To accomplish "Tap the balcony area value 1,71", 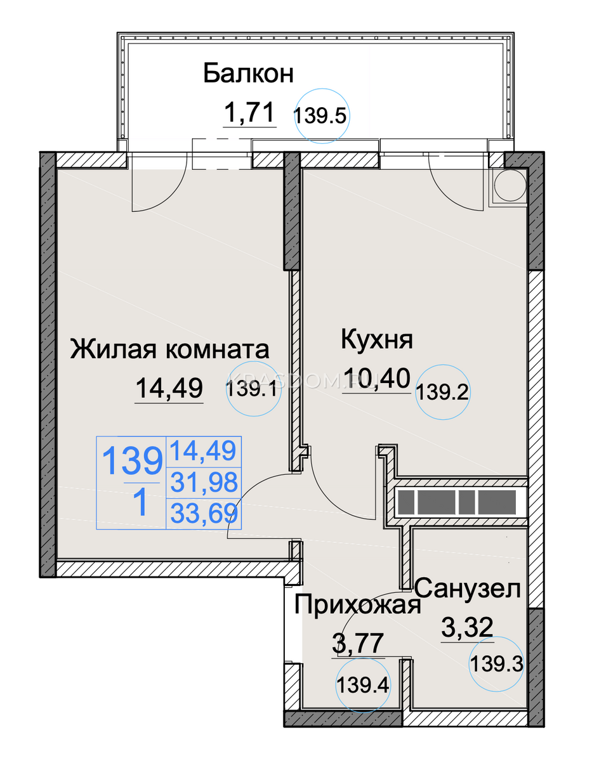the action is click(249, 112).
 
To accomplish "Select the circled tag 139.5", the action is click(322, 116).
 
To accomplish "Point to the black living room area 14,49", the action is click(169, 388).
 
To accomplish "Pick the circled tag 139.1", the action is click(253, 389).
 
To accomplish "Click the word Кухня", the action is click(377, 340).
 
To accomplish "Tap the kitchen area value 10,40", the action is click(377, 378).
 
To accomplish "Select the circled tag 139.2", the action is click(442, 393).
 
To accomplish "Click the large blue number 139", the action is click(133, 460).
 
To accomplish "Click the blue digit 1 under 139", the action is click(142, 503).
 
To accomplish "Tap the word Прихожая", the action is click(358, 604).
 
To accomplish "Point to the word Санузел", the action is click(468, 589).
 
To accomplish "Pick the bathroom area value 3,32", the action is click(467, 627).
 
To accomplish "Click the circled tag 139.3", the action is click(496, 664).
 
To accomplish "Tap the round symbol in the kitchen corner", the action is click(510, 186).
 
